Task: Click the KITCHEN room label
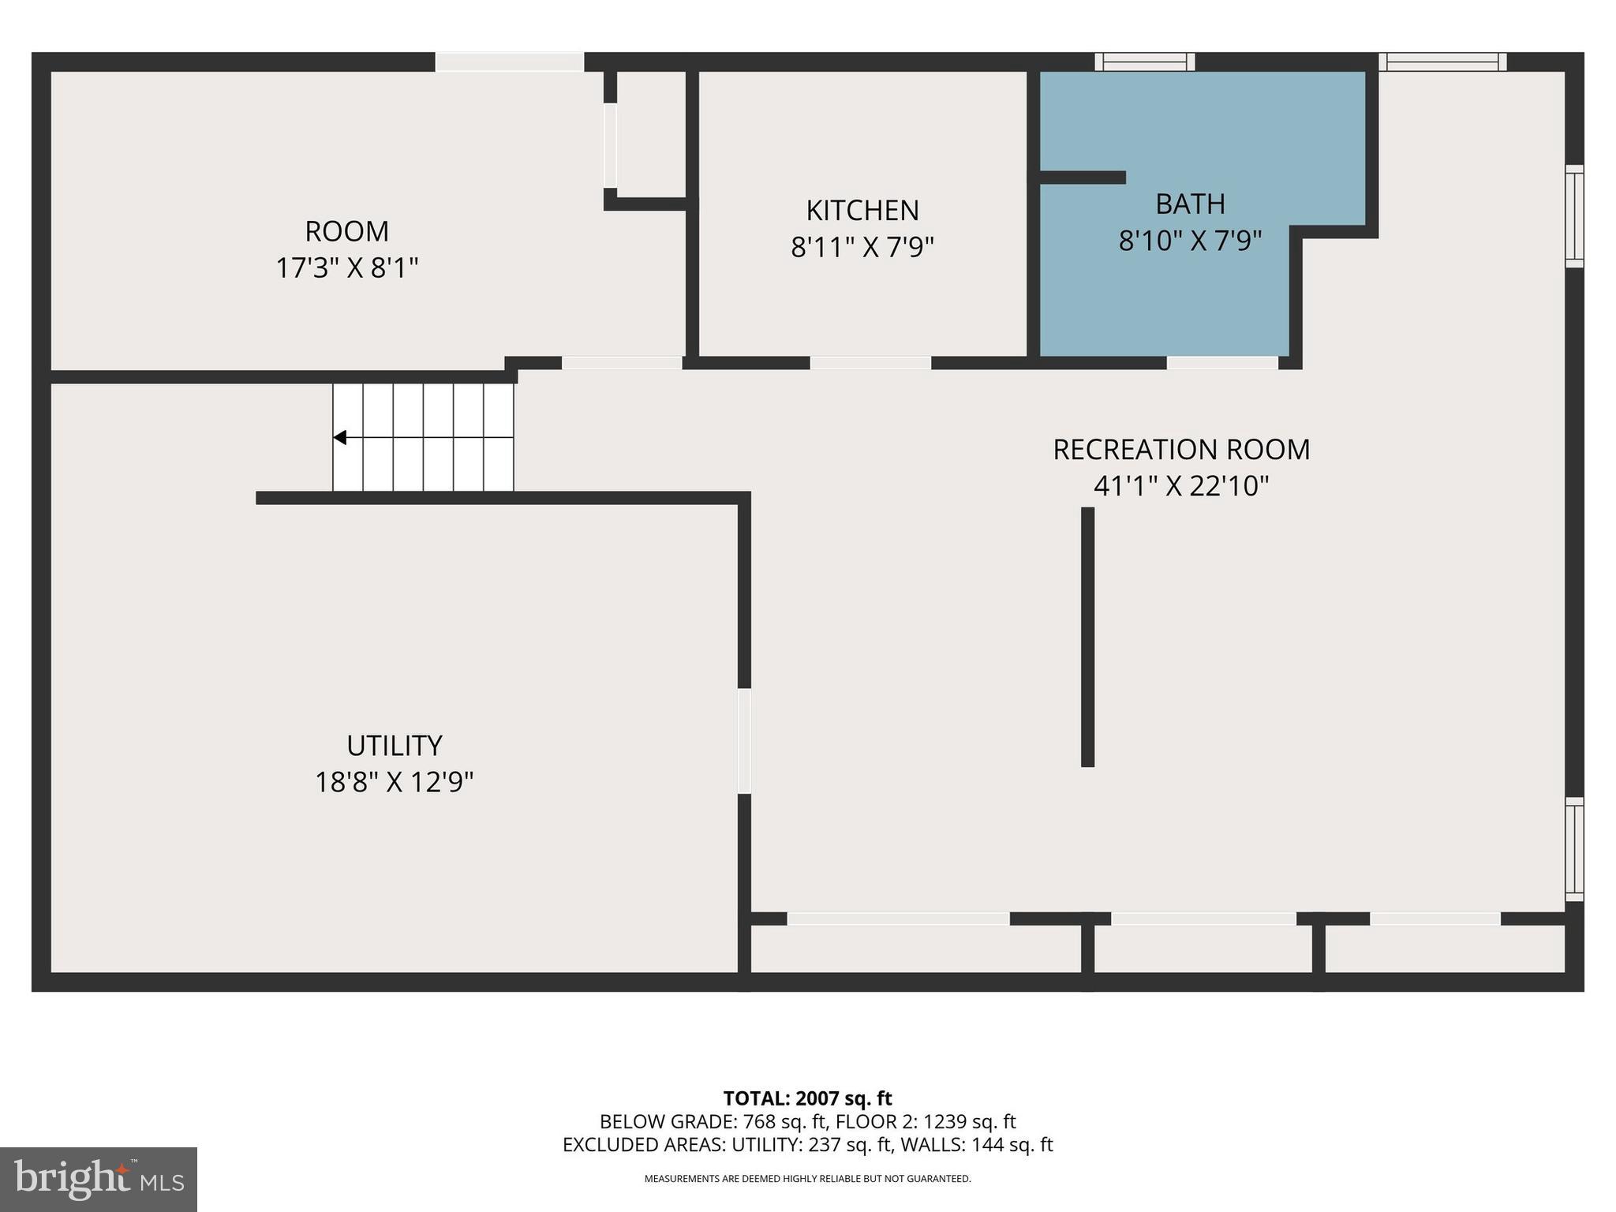(862, 211)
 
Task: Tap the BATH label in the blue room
(1190, 204)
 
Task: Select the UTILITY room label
(394, 746)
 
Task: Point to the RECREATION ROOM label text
(1180, 450)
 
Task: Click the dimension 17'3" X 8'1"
(346, 268)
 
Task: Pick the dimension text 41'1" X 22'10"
(1180, 486)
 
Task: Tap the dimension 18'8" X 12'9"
(394, 783)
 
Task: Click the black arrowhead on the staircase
(340, 437)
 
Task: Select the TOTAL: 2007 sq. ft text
(807, 1098)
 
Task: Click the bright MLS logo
(98, 1179)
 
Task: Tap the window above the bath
(1145, 62)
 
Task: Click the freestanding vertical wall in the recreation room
(1087, 636)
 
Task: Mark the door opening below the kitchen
(870, 363)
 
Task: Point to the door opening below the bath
(1221, 363)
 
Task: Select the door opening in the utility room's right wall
(743, 741)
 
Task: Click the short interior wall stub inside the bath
(1083, 178)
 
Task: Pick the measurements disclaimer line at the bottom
(807, 1179)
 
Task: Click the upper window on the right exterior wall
(1573, 216)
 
